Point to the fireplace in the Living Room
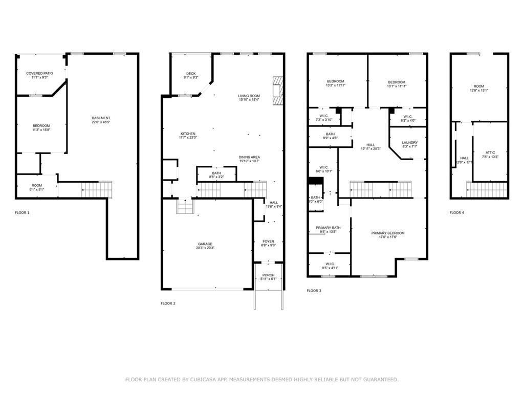277,91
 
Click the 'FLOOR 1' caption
22,212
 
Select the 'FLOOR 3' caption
314,291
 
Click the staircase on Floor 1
97,189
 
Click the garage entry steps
184,206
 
